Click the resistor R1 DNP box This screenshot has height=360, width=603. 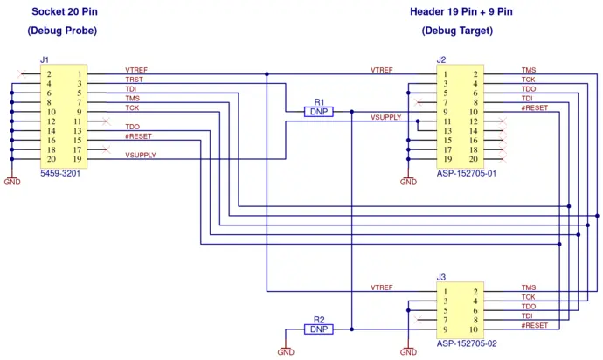(318, 112)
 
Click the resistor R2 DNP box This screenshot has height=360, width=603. (318, 329)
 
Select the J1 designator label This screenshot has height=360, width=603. (45, 59)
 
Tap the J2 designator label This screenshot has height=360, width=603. (441, 59)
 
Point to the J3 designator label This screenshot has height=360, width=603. (441, 278)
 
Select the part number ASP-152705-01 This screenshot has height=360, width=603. (467, 174)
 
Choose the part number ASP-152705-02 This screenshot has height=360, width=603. (467, 343)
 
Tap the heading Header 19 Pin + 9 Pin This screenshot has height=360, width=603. (461, 11)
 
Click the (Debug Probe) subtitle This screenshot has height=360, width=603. (62, 31)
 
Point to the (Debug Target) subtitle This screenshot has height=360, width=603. (457, 31)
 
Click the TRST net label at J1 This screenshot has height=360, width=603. (135, 80)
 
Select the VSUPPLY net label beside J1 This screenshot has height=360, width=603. (141, 156)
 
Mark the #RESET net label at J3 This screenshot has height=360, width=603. (535, 326)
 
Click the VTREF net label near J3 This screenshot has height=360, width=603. (382, 287)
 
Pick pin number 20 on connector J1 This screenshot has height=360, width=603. (51, 159)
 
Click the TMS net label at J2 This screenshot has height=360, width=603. (529, 70)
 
